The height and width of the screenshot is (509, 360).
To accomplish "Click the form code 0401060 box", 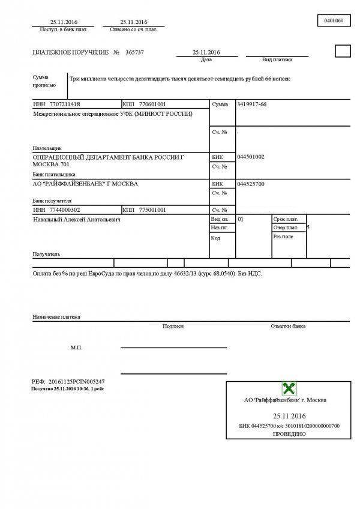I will click(333, 20).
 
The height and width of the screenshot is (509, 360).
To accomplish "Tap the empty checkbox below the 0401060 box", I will click(342, 51).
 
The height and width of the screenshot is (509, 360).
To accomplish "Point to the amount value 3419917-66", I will click(252, 104).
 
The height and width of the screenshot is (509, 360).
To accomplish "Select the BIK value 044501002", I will click(251, 157).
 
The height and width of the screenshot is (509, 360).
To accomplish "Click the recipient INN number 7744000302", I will click(64, 210).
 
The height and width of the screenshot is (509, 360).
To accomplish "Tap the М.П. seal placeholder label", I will click(76, 348).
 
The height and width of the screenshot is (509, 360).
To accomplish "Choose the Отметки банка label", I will click(288, 326).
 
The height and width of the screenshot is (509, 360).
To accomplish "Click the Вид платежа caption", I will click(277, 60).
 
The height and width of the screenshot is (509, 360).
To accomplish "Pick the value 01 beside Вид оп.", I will click(241, 220).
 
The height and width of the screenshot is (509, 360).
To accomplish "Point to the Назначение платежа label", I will click(56, 316).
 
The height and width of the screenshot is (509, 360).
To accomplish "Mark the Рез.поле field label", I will click(283, 236).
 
